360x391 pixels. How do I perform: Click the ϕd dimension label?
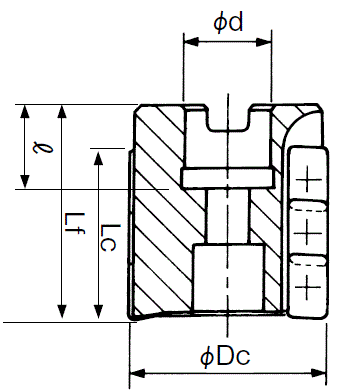(x=228, y=23)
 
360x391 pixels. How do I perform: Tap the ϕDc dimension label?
(x=225, y=357)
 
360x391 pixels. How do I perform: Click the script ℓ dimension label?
(x=43, y=147)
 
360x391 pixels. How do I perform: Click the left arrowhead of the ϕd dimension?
(x=191, y=42)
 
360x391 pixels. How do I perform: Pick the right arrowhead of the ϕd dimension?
(x=264, y=42)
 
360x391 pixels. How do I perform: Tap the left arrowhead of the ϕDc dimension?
(x=137, y=373)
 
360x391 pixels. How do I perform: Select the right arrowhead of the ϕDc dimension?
(x=318, y=373)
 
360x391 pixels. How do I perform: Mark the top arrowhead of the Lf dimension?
(x=62, y=111)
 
